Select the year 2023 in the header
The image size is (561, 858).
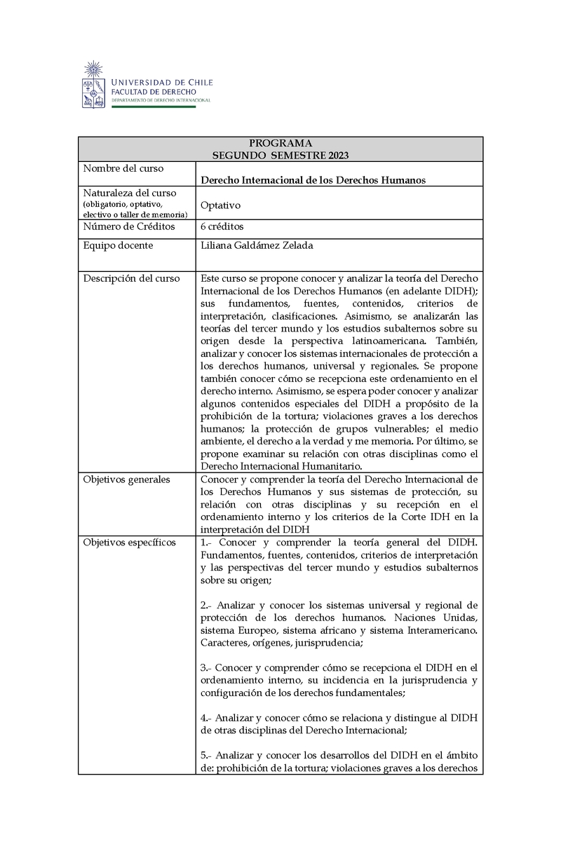[334, 155]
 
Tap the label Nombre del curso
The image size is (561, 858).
[123, 169]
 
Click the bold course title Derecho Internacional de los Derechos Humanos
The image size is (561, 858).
[313, 180]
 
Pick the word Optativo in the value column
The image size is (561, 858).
[220, 205]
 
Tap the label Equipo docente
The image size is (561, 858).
[118, 245]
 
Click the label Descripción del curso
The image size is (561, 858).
[131, 278]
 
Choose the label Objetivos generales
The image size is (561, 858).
[126, 479]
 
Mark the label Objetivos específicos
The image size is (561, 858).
[129, 543]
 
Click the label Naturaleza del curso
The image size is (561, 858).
[129, 193]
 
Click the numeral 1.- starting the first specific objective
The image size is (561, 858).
[206, 543]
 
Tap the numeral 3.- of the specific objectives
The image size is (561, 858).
[206, 668]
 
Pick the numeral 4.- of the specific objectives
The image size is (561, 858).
[206, 719]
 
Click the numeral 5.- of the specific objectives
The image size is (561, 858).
[206, 755]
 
